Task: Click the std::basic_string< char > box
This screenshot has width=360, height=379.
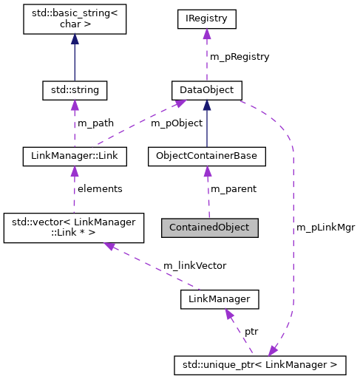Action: point(74,18)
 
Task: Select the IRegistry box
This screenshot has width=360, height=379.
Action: point(206,19)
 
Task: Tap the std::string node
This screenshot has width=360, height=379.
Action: point(75,90)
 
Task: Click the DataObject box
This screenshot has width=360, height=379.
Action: point(206,90)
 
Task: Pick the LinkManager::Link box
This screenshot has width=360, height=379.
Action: point(75,157)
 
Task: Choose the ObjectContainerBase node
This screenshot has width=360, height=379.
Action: point(206,157)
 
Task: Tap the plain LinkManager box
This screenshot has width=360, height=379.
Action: point(220,298)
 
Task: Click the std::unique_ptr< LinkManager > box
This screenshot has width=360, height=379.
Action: point(259,364)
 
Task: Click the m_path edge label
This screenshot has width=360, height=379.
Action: point(95,123)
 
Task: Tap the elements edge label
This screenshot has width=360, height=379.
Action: point(100,189)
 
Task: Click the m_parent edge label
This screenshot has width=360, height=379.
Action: point(234,189)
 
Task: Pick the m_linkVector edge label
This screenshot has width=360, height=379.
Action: point(194,264)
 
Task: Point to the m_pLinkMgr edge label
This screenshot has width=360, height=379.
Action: point(325,228)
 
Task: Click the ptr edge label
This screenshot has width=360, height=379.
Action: point(252,331)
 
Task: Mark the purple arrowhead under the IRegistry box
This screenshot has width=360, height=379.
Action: point(206,35)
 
